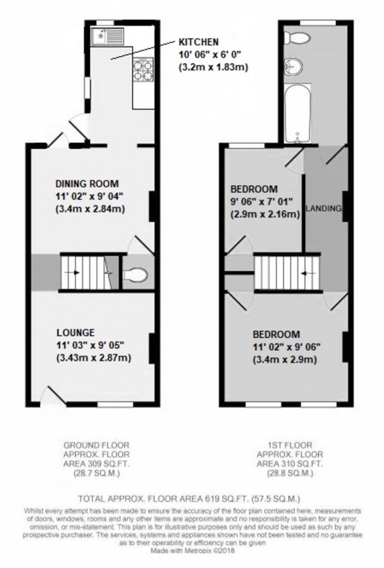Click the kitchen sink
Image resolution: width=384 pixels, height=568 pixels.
(x=107, y=36)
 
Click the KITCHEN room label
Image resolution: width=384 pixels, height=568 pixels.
(x=199, y=42)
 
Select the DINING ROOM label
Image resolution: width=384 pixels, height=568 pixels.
(x=87, y=183)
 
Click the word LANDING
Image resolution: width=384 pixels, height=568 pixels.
(x=323, y=208)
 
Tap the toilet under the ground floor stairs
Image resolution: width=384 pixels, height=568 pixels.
(x=135, y=275)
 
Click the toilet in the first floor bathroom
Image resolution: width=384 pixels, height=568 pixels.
(x=297, y=38)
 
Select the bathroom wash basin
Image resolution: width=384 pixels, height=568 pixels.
(x=293, y=67)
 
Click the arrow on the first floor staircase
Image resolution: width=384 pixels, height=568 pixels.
(x=310, y=273)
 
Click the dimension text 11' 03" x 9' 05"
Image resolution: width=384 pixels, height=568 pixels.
(x=91, y=345)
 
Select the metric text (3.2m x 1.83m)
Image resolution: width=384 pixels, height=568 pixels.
(x=213, y=67)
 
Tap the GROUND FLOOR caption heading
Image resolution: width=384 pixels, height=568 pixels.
(x=96, y=445)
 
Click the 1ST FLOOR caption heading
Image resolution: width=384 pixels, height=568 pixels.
(x=290, y=445)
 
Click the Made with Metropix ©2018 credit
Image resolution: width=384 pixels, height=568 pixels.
(x=192, y=550)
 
